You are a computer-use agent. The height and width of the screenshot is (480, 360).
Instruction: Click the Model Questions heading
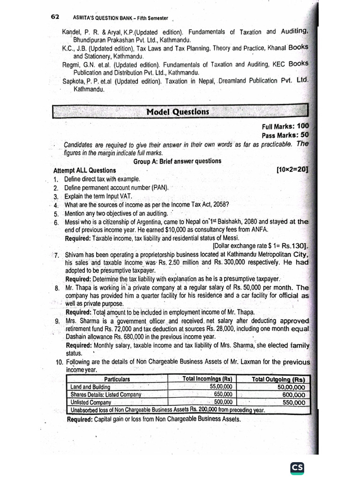pos(178,112)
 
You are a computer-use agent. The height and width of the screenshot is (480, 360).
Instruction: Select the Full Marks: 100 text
pos(285,127)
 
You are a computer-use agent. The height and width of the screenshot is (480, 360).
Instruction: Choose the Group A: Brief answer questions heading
pos(177,161)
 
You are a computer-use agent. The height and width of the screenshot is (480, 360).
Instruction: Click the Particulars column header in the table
pos(117,379)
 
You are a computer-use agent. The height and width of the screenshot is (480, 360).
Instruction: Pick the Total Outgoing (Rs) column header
pos(278,380)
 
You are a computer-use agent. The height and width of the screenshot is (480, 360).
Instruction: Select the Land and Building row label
pos(90,387)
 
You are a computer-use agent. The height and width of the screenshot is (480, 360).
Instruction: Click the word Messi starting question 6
pos(74,222)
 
